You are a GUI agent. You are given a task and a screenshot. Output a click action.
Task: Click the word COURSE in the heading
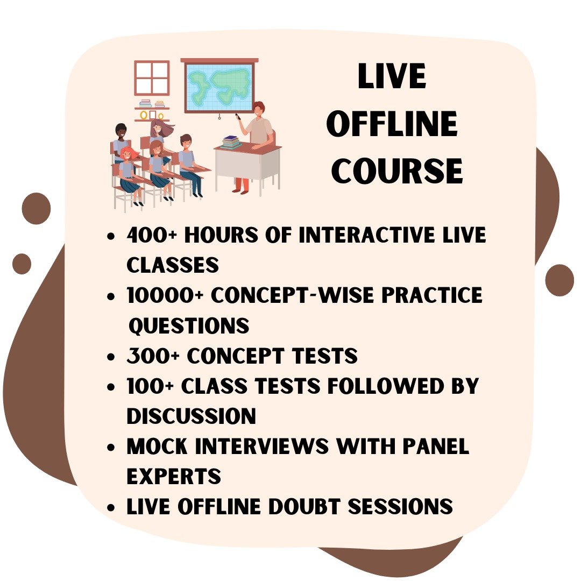[x=397, y=171]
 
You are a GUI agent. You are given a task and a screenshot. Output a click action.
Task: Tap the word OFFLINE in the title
[x=392, y=123]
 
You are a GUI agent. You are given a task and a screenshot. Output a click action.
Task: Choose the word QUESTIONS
[x=189, y=325]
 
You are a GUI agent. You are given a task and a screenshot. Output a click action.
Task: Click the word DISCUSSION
[x=191, y=416]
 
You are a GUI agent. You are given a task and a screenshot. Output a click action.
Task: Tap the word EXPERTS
[x=174, y=477]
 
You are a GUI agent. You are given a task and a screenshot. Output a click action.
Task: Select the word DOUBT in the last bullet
[x=304, y=507]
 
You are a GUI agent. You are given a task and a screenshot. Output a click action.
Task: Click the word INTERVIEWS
[x=261, y=446]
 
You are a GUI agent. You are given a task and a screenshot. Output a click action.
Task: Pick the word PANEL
[x=436, y=446]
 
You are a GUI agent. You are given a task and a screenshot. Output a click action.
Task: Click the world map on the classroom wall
[x=219, y=86]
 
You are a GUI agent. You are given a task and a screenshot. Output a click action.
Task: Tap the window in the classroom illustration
[x=152, y=78]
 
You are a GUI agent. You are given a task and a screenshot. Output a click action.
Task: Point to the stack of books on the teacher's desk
[x=231, y=142]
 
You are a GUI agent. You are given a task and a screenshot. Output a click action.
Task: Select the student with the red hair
[x=128, y=174]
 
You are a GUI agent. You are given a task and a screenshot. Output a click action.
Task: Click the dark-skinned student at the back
[x=121, y=143]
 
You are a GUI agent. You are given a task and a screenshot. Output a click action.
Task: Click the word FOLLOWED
[x=385, y=386]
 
